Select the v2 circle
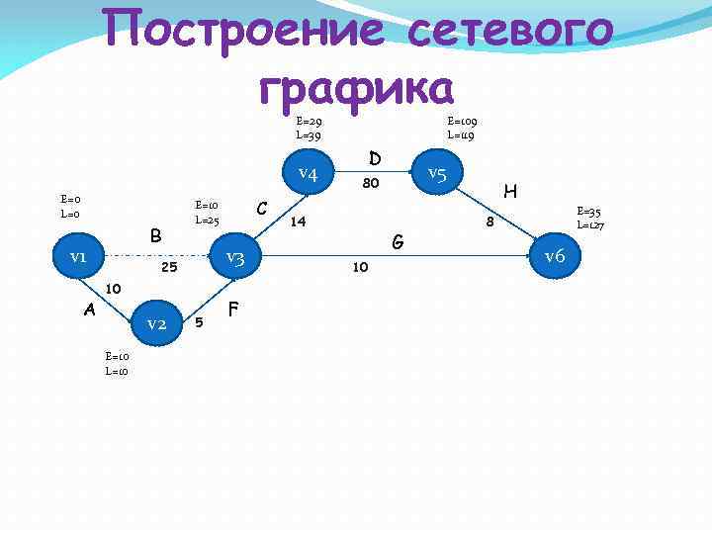pos(156,323)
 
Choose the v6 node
pos(555,256)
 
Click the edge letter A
pos(89,310)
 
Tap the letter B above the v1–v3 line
pos(155,235)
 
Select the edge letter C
pos(263,208)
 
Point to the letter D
pos(375,158)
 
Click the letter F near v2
pos(234,309)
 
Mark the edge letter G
pos(398,240)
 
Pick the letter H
pos(511,190)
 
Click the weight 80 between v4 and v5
pos(372,183)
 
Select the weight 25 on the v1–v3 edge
pos(169,267)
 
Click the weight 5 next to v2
pos(200,322)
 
